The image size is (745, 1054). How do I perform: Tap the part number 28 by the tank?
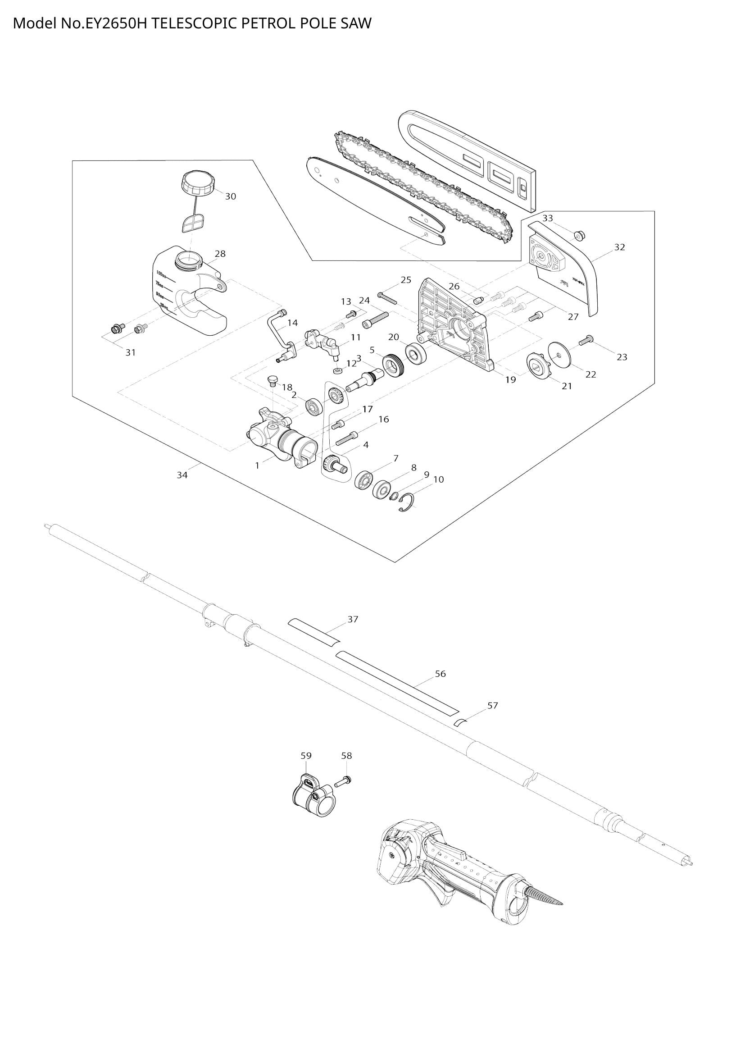tap(220, 253)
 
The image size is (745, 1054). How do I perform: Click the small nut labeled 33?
tap(579, 236)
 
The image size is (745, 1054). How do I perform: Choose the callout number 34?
tap(182, 475)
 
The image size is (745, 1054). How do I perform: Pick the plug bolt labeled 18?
tap(272, 381)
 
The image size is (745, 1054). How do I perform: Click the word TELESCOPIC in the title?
tap(195, 23)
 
